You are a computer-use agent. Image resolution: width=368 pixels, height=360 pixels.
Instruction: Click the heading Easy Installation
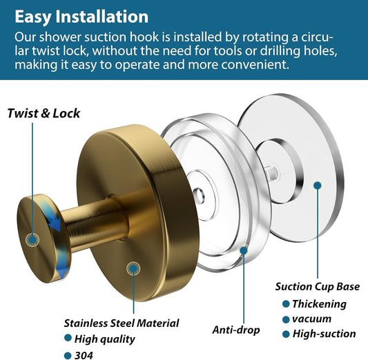pyautogui.click(x=81, y=17)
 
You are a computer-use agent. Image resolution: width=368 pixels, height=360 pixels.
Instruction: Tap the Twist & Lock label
pyautogui.click(x=43, y=113)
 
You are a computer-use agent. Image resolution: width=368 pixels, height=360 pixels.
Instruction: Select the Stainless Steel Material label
pyautogui.click(x=122, y=323)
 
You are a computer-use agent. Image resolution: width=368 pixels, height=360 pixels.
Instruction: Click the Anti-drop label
pyautogui.click(x=236, y=330)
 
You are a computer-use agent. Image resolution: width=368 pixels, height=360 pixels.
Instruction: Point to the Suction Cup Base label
pyautogui.click(x=318, y=287)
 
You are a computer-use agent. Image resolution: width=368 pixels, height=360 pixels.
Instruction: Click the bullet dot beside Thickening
pyautogui.click(x=286, y=304)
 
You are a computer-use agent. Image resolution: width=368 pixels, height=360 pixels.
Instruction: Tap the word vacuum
pyautogui.click(x=311, y=319)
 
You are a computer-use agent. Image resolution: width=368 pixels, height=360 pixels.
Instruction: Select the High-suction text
pyautogui.click(x=324, y=334)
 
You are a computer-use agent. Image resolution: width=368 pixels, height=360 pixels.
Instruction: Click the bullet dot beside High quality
pyautogui.click(x=68, y=338)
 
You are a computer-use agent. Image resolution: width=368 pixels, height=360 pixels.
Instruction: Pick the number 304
pyautogui.click(x=84, y=355)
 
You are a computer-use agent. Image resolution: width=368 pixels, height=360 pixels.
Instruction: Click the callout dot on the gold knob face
pyautogui.click(x=32, y=239)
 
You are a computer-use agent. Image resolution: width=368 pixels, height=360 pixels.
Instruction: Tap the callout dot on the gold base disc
pyautogui.click(x=133, y=268)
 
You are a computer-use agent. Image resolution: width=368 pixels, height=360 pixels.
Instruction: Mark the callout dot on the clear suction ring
pyautogui.click(x=244, y=250)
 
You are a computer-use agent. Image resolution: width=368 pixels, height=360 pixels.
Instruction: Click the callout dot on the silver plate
pyautogui.click(x=318, y=186)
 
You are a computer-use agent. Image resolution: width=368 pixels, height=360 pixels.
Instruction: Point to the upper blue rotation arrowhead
pyautogui.click(x=55, y=224)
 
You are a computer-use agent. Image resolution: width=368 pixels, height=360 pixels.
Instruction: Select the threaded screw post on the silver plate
pyautogui.click(x=272, y=172)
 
